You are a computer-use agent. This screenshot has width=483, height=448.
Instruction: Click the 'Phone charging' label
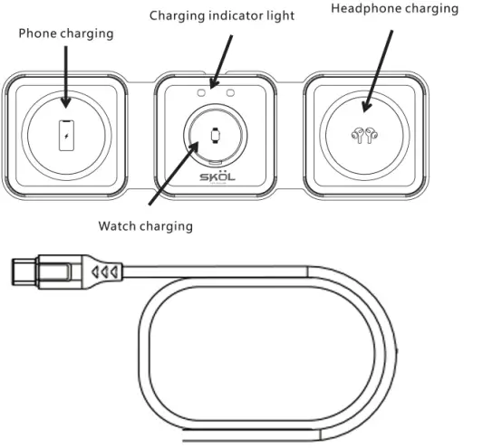[x=67, y=33]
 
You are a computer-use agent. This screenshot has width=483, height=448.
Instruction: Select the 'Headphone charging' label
[x=394, y=9]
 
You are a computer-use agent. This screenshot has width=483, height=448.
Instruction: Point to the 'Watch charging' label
[x=145, y=225]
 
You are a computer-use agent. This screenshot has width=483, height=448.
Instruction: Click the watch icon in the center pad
[x=215, y=138]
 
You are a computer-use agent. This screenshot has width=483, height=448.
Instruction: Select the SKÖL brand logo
[x=216, y=177]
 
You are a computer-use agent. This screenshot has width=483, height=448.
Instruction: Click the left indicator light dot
[x=199, y=91]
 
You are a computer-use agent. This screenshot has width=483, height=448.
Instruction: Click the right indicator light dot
[x=231, y=91]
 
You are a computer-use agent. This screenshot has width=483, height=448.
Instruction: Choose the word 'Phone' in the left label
[x=39, y=33]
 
